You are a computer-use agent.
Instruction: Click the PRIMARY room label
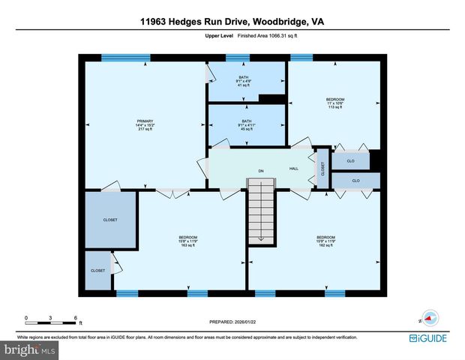[x=144, y=120]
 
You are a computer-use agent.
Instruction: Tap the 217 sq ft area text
[x=144, y=130]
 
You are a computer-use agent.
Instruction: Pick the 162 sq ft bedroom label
[x=325, y=245]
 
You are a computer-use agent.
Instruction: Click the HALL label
[x=294, y=168]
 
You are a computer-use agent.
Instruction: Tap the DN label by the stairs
[x=261, y=172]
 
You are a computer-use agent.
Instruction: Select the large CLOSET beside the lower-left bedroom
[x=110, y=220]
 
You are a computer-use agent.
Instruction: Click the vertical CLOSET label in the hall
[x=322, y=169]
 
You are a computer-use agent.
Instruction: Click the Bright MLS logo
[x=30, y=349]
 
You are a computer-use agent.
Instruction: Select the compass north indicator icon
[x=429, y=318]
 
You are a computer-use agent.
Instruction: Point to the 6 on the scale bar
[x=75, y=317]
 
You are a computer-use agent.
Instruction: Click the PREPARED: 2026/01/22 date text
[x=232, y=321]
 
